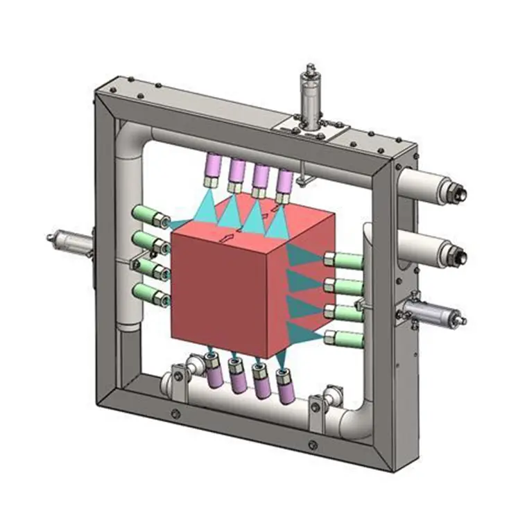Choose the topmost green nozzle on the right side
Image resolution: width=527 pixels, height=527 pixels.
coord(345,261)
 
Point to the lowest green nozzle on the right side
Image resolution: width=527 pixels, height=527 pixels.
coord(343,339)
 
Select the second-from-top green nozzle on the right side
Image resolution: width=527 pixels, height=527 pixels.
coord(345,286)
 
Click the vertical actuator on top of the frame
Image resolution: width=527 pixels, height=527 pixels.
coord(309,97)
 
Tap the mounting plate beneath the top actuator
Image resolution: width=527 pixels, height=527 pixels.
coord(310,128)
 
